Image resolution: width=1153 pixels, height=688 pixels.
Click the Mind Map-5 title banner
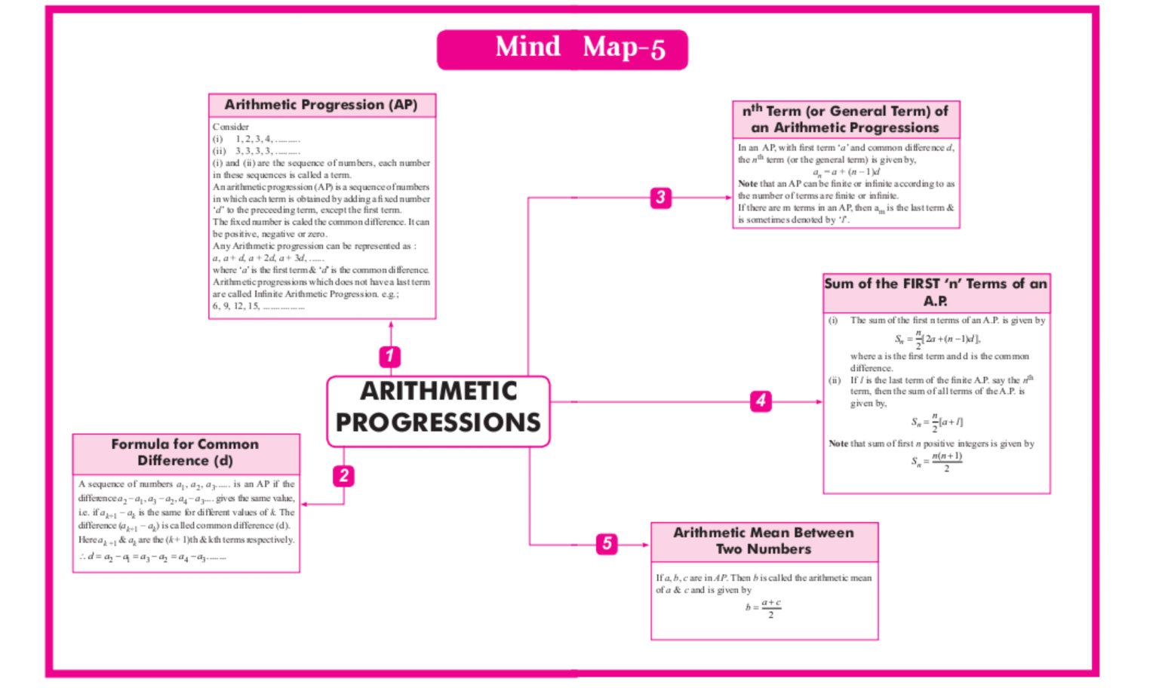coord(562,49)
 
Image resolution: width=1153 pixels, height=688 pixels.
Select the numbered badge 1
coord(389,356)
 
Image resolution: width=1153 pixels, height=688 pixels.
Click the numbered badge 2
coord(344,476)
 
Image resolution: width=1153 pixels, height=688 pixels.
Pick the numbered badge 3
coord(660,198)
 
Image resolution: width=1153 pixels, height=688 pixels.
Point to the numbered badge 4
coord(761,401)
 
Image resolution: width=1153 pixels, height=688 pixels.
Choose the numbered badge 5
coord(607,544)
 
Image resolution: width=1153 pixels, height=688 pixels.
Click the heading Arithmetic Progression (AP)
coord(321,105)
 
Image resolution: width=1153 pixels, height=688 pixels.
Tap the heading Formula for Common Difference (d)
coord(186,453)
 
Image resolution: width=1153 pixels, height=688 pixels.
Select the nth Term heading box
coord(846,119)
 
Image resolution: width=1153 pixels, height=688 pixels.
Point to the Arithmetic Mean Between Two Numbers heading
coord(764,541)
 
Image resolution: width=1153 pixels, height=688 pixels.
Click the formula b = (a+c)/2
coord(764,608)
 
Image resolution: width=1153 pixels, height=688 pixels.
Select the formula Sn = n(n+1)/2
coord(936,462)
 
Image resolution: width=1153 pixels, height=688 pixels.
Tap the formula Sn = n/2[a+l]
coord(936,422)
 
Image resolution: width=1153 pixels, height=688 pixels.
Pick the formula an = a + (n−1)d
coord(846,172)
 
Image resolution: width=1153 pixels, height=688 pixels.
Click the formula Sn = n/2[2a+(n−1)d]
coord(937,339)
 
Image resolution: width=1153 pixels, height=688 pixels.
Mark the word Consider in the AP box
coord(231,127)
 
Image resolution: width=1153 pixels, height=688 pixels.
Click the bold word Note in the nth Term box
coord(747,184)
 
